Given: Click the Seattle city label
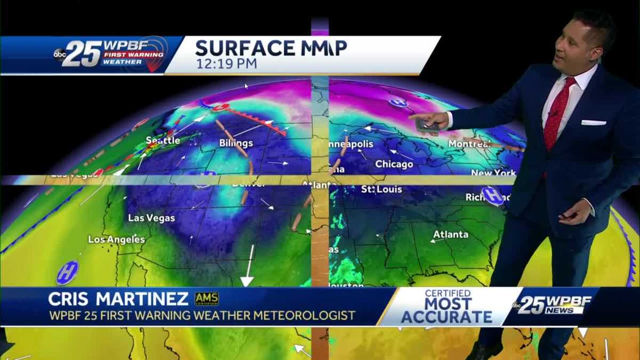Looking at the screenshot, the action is coord(163,140).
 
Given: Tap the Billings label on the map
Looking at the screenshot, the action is coord(236,143).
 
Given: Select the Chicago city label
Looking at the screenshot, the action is coord(394,164).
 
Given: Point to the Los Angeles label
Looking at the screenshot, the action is coord(116,239).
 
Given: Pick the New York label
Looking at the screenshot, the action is coord(493,173).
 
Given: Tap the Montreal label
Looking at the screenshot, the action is coord(469,144).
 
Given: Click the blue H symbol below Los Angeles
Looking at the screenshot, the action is coord(68,273).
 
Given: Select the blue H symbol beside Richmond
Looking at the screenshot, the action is coord(492,196).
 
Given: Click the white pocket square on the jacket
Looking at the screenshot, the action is coord(593,122).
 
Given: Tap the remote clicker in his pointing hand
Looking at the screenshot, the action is coord(427,125).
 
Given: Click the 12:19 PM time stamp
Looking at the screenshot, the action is coord(226,63).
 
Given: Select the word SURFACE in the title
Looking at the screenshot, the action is coord(239,48).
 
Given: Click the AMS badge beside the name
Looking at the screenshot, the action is coord(206,299).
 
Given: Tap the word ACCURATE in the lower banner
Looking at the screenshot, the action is coord(446,317).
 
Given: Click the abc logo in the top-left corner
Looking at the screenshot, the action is coord(59,54).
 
